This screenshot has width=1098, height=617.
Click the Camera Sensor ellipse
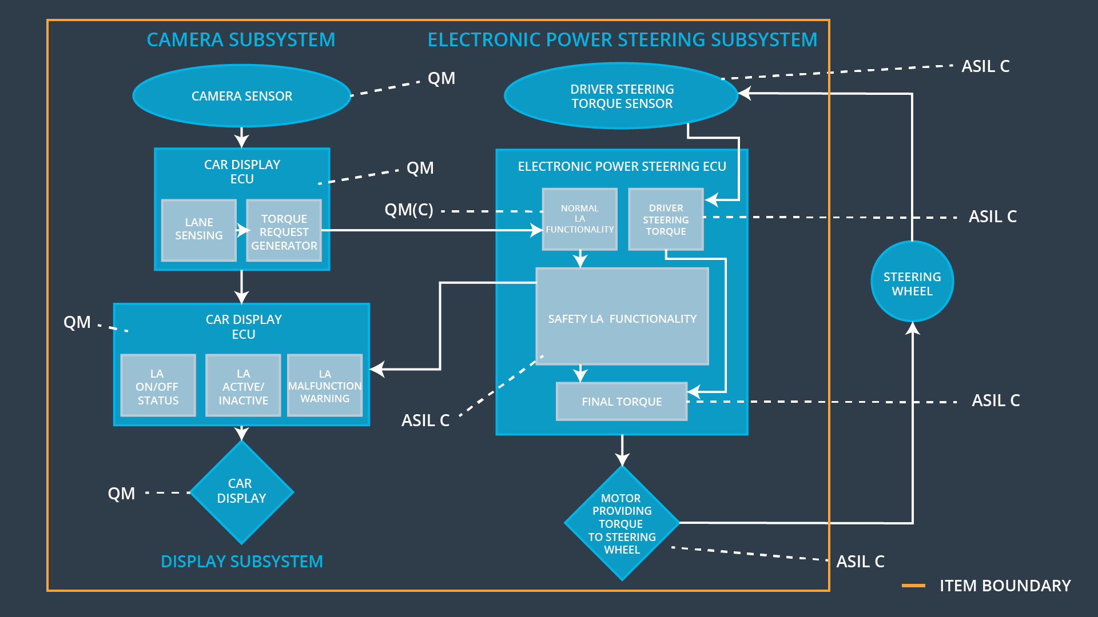[241, 96]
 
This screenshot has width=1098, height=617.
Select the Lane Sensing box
[198, 230]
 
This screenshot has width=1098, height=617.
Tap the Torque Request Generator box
[284, 231]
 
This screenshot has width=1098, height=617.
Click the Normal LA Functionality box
[579, 219]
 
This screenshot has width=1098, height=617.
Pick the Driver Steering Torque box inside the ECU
[666, 219]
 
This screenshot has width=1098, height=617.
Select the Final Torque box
[622, 402]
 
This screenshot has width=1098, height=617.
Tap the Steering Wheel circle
[912, 282]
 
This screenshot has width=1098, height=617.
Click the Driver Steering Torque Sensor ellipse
[622, 96]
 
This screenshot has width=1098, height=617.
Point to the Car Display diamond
[241, 491]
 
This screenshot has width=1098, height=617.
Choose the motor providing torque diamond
[622, 523]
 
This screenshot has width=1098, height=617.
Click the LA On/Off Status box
[158, 386]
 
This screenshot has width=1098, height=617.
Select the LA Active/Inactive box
[243, 386]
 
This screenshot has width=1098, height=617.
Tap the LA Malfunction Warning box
[325, 386]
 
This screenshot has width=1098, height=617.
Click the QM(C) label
[408, 210]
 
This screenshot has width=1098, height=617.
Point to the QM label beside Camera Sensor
[441, 78]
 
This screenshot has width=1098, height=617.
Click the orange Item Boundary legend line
[913, 586]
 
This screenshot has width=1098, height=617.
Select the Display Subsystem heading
[241, 562]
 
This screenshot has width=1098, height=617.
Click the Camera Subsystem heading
[241, 40]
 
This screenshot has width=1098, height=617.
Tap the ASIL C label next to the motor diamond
[860, 562]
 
